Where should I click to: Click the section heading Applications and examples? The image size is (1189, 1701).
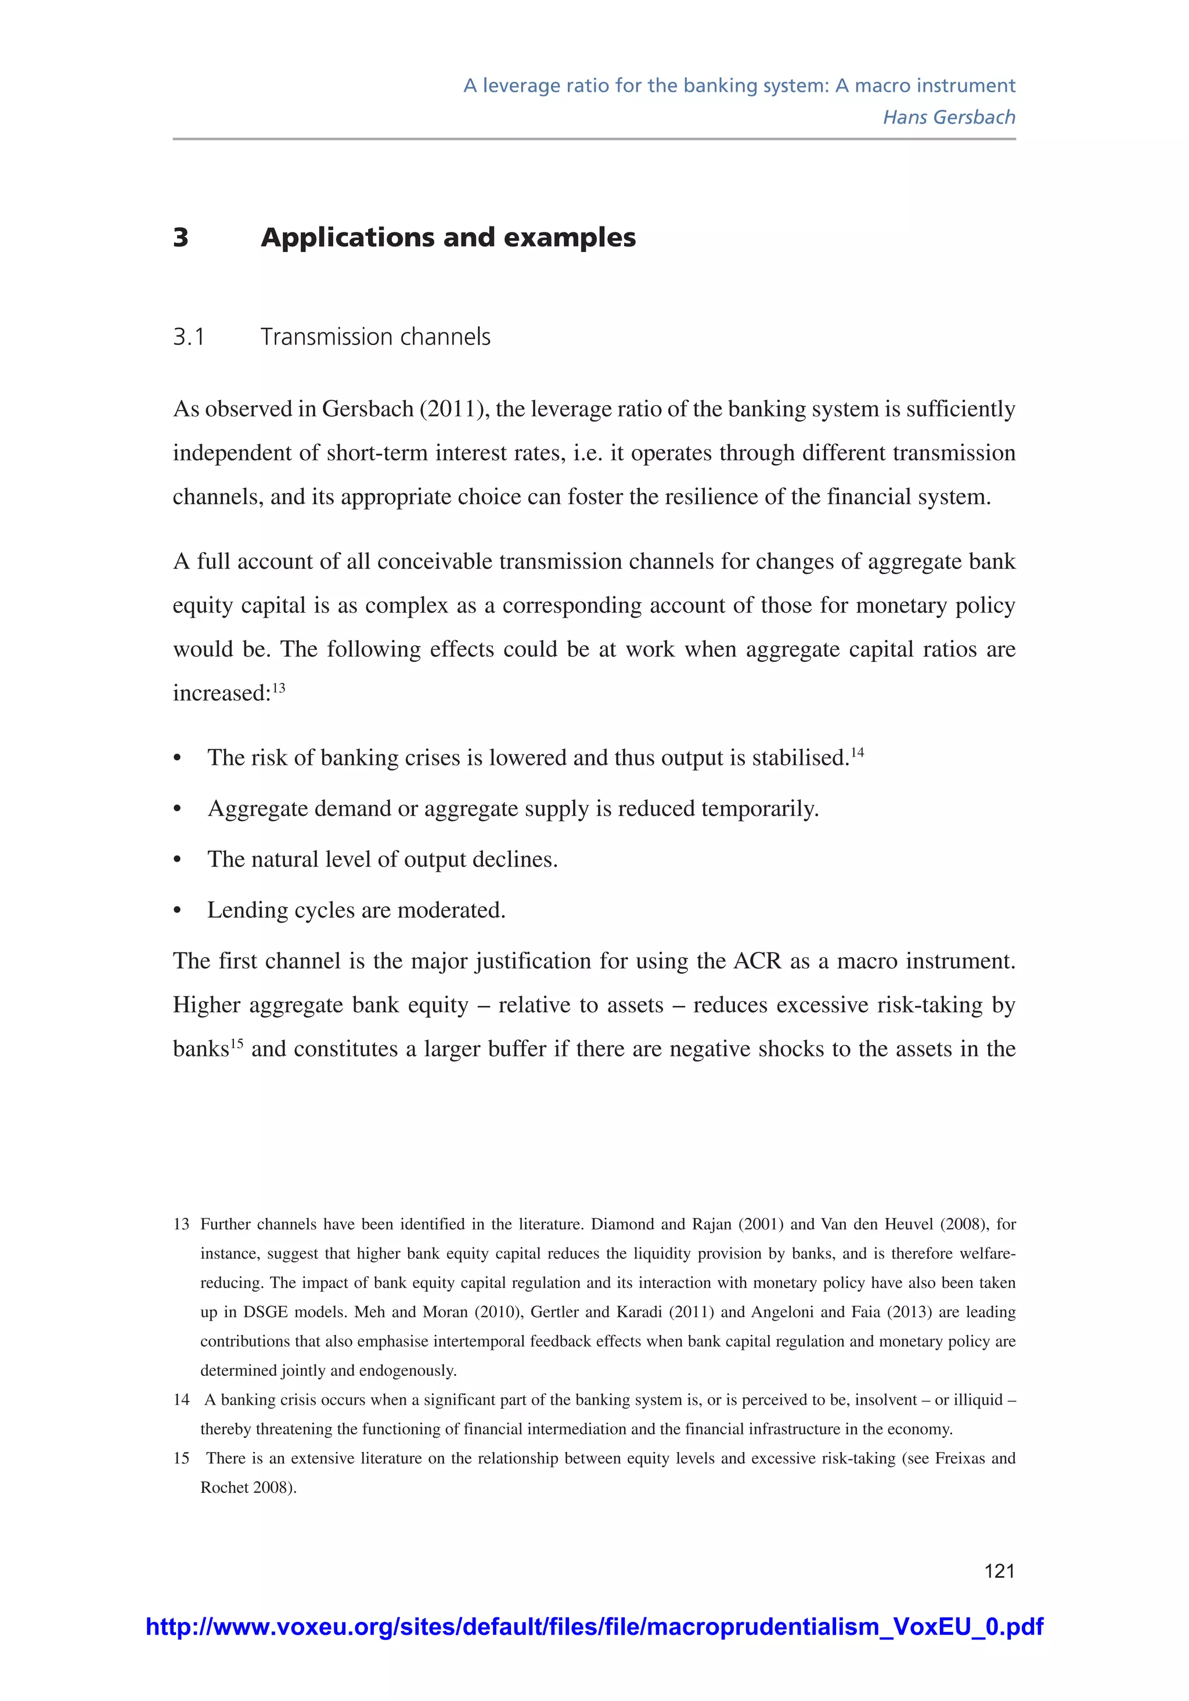pyautogui.click(x=448, y=238)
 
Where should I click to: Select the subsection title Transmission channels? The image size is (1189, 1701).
pyautogui.click(x=375, y=337)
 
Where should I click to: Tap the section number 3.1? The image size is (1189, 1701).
pyautogui.click(x=188, y=337)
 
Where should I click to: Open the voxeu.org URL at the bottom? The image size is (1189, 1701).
pyautogui.click(x=594, y=1627)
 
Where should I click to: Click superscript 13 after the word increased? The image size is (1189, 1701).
pyautogui.click(x=279, y=688)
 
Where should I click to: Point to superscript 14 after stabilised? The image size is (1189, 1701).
pyautogui.click(x=857, y=753)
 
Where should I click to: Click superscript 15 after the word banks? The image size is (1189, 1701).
pyautogui.click(x=236, y=1044)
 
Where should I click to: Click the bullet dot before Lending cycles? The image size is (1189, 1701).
pyautogui.click(x=177, y=911)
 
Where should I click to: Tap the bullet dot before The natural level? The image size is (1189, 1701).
pyautogui.click(x=177, y=860)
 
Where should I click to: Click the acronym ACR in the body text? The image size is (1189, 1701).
pyautogui.click(x=757, y=962)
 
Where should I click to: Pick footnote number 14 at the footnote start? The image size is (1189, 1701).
pyautogui.click(x=182, y=1400)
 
